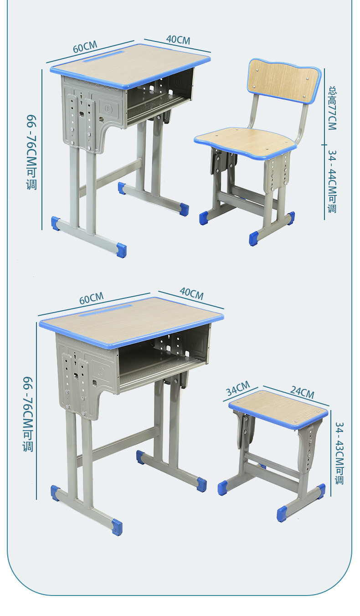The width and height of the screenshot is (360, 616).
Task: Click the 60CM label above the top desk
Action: pyautogui.click(x=85, y=47)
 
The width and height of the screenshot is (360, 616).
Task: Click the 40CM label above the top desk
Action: pyautogui.click(x=178, y=40)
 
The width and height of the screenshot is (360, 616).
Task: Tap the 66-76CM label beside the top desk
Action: pyautogui.click(x=31, y=152)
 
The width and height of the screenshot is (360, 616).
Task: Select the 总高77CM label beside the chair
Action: pyautogui.click(x=333, y=108)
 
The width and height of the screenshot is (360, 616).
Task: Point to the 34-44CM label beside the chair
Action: pyautogui.click(x=332, y=182)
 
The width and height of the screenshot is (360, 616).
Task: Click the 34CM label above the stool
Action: pyautogui.click(x=238, y=388)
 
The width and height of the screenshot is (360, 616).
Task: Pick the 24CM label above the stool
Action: pyautogui.click(x=302, y=392)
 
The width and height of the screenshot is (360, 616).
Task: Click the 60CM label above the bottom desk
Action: pyautogui.click(x=91, y=298)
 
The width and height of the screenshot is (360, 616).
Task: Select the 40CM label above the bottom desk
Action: pyautogui.click(x=192, y=294)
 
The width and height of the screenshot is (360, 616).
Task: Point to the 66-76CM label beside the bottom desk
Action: pyautogui.click(x=28, y=414)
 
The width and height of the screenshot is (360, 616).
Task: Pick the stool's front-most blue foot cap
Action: pyautogui.click(x=282, y=513)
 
